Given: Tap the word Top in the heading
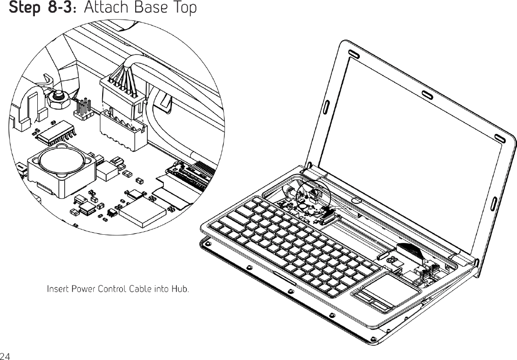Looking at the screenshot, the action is [x=183, y=9].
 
